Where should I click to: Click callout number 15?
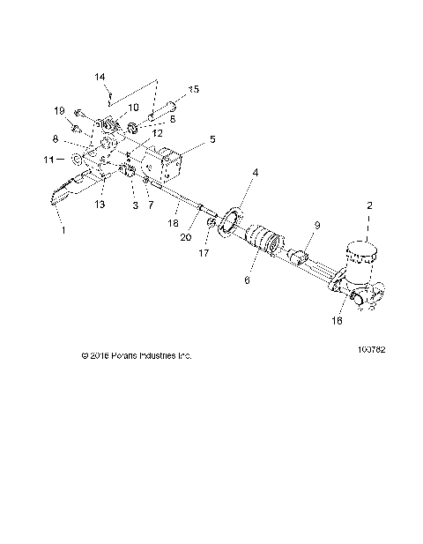[x=194, y=89]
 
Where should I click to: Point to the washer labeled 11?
[x=77, y=160]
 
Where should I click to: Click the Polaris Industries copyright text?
[x=135, y=355]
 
